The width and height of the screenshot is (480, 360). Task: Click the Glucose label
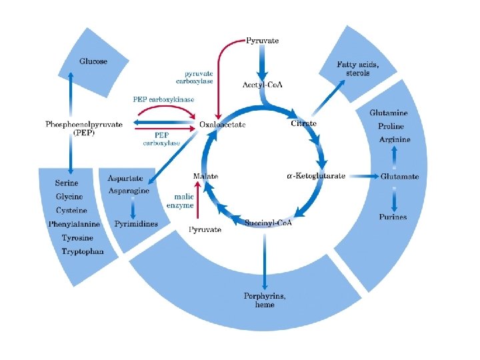[x=93, y=61]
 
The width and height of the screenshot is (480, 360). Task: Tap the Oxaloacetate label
[x=223, y=124]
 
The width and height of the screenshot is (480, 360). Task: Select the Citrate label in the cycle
[x=304, y=123]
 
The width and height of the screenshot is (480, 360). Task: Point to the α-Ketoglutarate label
[x=316, y=176]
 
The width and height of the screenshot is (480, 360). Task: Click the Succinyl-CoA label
[x=269, y=222]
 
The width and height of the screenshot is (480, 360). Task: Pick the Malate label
[x=205, y=176]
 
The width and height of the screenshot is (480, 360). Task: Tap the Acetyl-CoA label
[x=261, y=85]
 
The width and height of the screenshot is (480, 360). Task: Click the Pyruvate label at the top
[x=263, y=41]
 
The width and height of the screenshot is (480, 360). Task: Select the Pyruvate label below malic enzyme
[x=205, y=230]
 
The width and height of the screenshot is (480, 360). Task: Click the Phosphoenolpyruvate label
[x=84, y=124]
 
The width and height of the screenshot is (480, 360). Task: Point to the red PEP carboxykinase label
[x=164, y=99]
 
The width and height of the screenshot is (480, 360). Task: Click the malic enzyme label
[x=184, y=201]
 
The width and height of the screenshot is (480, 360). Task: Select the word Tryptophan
[x=83, y=251]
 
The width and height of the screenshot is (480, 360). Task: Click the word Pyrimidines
[x=136, y=224]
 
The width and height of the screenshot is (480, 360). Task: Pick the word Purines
[x=393, y=217]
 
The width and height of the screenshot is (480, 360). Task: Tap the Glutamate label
[x=400, y=176]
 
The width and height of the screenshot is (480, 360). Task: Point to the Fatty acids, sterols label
[x=358, y=69]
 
